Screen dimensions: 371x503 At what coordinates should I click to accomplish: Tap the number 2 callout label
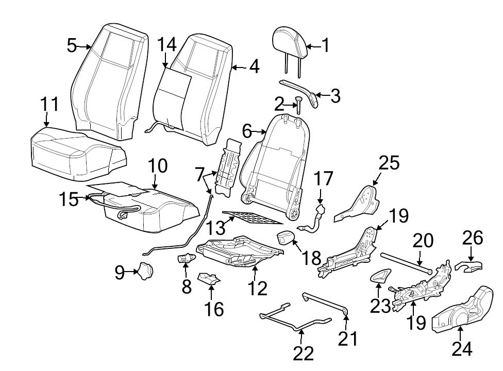279,105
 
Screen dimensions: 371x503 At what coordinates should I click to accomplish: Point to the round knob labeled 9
144,271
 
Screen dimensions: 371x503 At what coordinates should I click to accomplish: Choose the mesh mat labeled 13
253,217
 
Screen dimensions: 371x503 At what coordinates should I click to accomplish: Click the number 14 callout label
167,45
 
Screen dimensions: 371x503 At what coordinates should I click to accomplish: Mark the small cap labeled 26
469,266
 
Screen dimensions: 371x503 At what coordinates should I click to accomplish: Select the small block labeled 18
285,239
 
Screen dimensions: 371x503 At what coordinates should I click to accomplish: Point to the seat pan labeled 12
240,252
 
